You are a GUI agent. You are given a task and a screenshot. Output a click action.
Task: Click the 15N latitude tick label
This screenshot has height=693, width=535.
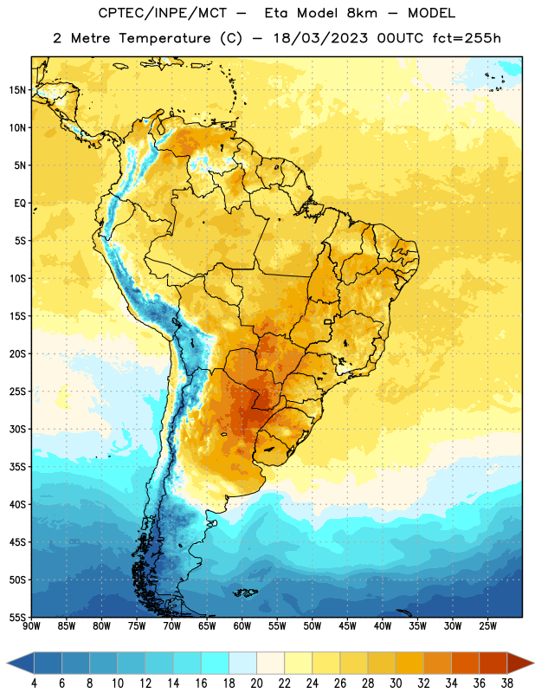(17, 90)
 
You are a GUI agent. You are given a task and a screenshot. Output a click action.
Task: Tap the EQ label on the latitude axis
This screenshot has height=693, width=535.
(20, 204)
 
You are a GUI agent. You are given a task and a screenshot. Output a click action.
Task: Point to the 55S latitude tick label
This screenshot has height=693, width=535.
(17, 617)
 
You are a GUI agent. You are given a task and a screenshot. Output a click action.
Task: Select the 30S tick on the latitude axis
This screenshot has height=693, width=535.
(17, 429)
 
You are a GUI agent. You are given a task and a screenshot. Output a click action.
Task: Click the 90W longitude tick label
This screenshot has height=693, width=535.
(31, 626)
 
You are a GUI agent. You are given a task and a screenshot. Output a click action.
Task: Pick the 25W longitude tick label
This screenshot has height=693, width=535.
(487, 626)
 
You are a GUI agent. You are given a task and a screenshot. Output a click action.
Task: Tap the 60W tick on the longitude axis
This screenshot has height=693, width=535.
(242, 626)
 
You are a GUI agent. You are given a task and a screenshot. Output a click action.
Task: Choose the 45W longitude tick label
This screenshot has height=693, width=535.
(347, 626)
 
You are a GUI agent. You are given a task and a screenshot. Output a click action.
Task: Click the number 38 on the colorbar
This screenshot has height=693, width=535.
(507, 683)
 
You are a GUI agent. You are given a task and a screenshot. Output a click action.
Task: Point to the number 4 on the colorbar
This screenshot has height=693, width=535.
(34, 683)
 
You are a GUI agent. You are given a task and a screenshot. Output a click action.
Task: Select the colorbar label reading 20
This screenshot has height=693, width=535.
(256, 683)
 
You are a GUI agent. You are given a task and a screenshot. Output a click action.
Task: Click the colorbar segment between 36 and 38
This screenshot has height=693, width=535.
(493, 663)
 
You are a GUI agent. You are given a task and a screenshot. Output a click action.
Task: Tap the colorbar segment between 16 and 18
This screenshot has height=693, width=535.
(215, 663)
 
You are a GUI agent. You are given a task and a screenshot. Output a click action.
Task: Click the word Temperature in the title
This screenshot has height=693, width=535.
(164, 38)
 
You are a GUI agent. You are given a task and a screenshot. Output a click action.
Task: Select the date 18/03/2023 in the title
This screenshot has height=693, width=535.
(320, 38)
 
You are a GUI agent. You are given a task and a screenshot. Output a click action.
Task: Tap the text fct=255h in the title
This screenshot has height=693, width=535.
(467, 38)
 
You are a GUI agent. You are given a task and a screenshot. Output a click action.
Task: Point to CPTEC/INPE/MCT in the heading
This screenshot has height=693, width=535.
(162, 13)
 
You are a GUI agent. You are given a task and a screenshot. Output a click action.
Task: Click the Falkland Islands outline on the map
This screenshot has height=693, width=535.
(245, 593)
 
